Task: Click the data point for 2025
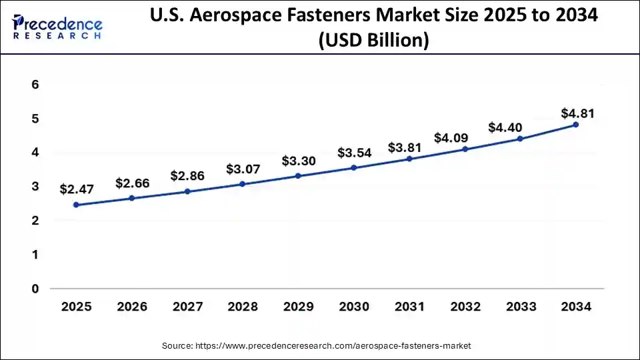pyautogui.click(x=76, y=205)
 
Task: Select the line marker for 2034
pyautogui.click(x=575, y=125)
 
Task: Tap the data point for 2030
pyautogui.click(x=353, y=168)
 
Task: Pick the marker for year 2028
pyautogui.click(x=242, y=184)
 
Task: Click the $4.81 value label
pyautogui.click(x=577, y=113)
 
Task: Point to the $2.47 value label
pyautogui.click(x=77, y=189)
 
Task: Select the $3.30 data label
pyautogui.click(x=298, y=161)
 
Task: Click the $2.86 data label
pyautogui.click(x=187, y=176)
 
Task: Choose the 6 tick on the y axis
pyautogui.click(x=35, y=85)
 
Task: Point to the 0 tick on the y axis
pyautogui.click(x=35, y=289)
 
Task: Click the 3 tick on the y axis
pyautogui.click(x=35, y=187)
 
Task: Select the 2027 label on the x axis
pyautogui.click(x=187, y=307)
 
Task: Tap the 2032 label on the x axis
pyautogui.click(x=465, y=307)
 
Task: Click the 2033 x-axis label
pyautogui.click(x=520, y=307)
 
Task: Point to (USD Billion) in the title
pyautogui.click(x=373, y=41)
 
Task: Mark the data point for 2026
pyautogui.click(x=131, y=198)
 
